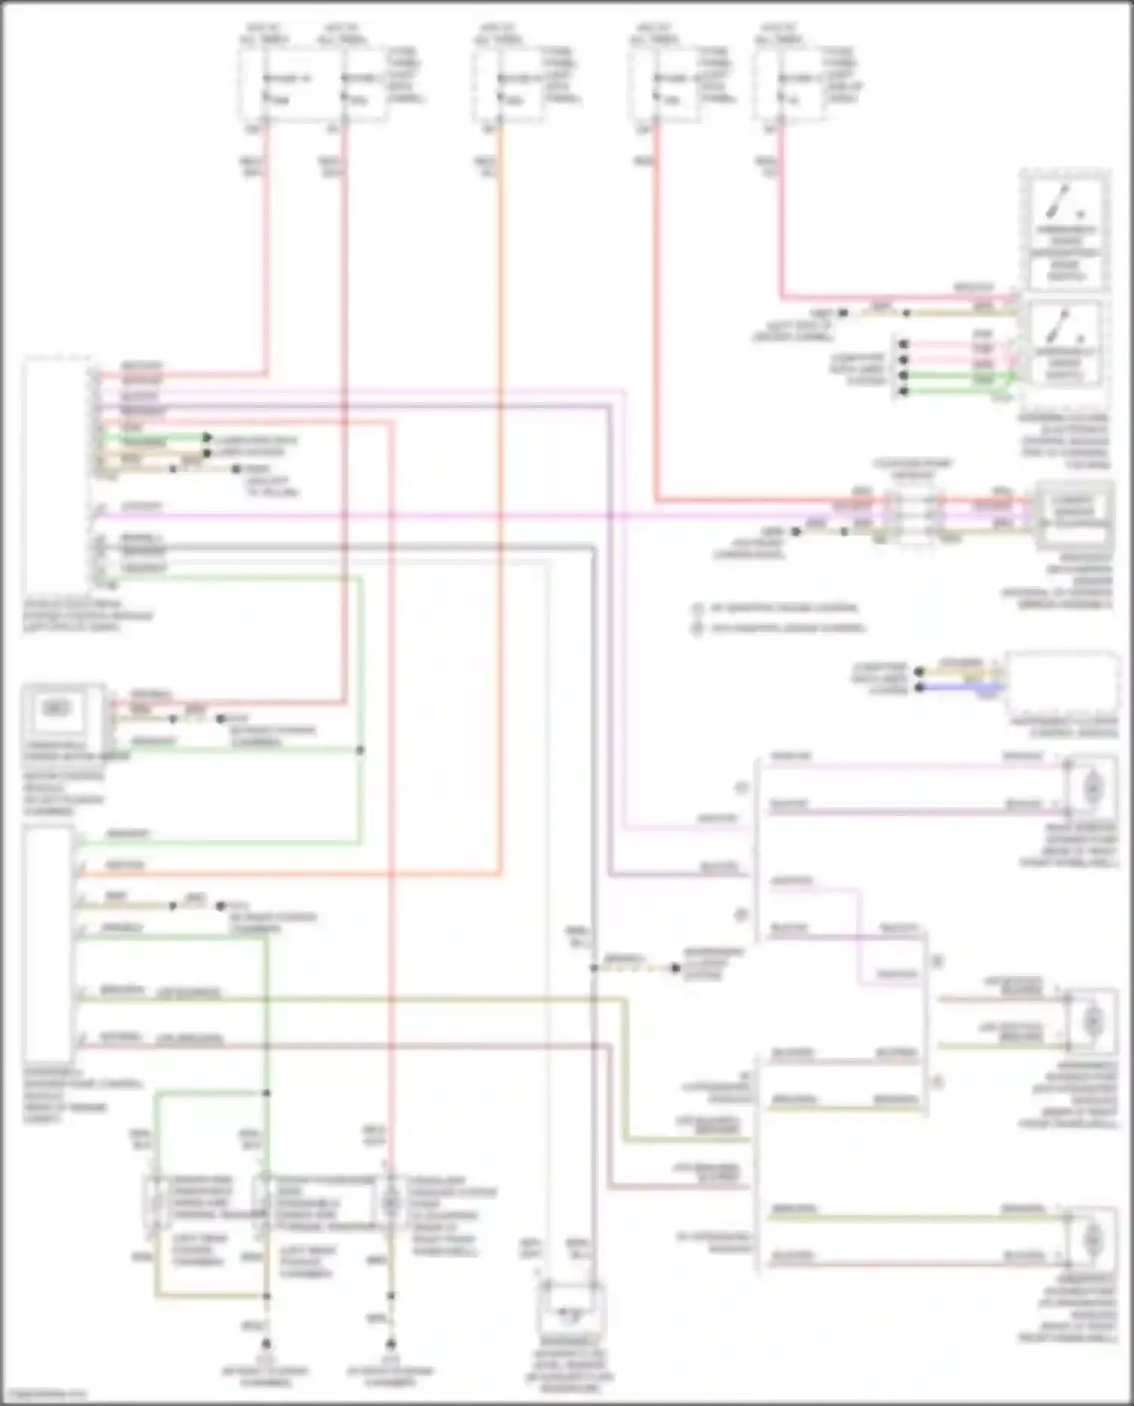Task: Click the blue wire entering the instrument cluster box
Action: [x=975, y=687]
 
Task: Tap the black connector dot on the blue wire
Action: [x=919, y=688]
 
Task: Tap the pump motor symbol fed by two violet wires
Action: [x=1092, y=788]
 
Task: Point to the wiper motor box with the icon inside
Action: [x=56, y=709]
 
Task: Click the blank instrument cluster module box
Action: [x=1062, y=684]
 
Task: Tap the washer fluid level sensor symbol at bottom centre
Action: [x=571, y=1315]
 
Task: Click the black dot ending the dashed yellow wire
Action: [x=675, y=968]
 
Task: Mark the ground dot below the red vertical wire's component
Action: [x=391, y=1344]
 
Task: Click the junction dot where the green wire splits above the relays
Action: [x=266, y=1092]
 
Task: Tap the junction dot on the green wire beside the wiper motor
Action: [x=360, y=750]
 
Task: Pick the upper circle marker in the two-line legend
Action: [x=697, y=608]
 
